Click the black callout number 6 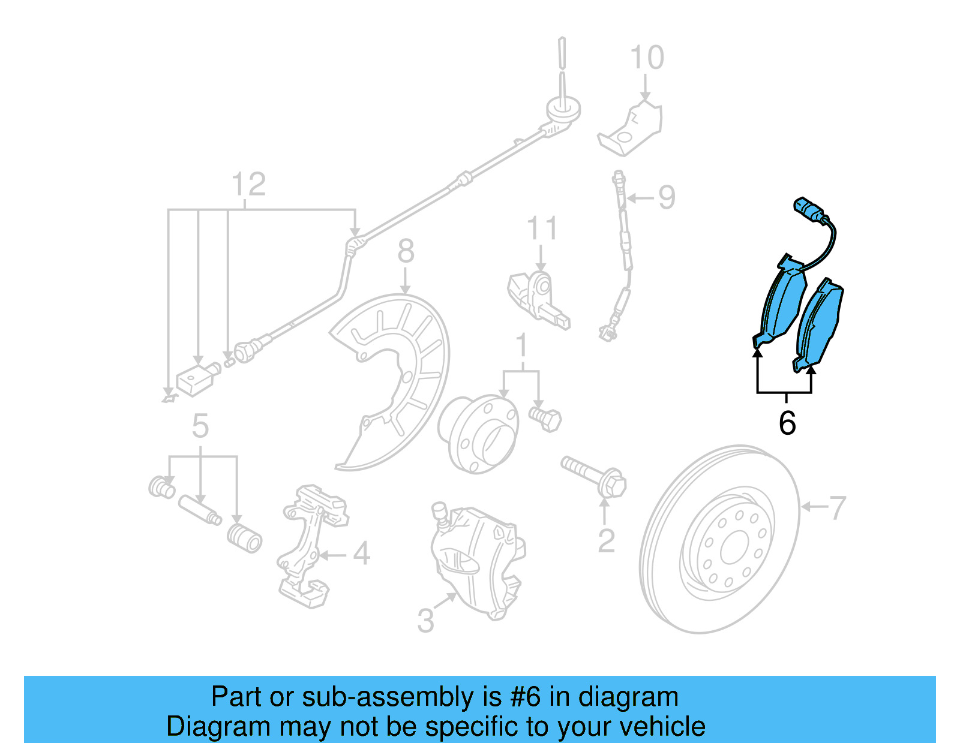787,423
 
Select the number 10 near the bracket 647,58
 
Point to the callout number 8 406,251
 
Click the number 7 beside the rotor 837,508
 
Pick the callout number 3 425,621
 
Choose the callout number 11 541,229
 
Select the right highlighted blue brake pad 820,324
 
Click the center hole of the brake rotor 733,549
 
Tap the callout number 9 667,197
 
